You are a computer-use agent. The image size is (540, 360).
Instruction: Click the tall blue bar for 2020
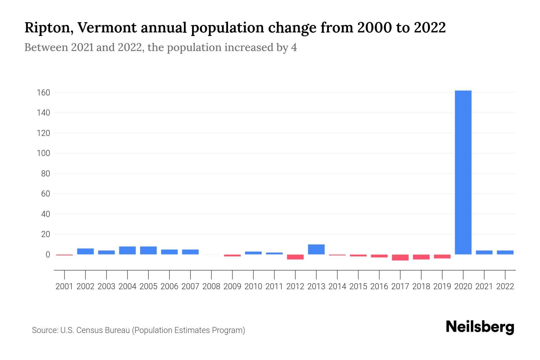point(463,172)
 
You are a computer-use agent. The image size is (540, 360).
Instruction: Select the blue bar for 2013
point(316,250)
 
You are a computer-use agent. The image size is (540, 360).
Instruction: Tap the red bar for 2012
point(295,257)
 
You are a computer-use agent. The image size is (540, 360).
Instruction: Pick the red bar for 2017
point(400,257)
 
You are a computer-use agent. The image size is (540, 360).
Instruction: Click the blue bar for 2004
point(127,250)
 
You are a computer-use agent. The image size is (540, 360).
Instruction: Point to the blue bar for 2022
point(505,252)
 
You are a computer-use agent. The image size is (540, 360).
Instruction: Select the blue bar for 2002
point(85,251)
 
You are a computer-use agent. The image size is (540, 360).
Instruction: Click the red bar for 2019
point(442,256)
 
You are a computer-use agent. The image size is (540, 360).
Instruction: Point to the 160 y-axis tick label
point(43,93)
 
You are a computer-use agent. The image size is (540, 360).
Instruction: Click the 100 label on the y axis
point(43,153)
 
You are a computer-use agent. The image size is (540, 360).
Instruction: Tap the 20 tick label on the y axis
point(45,234)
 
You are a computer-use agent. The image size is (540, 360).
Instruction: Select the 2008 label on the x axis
point(211,286)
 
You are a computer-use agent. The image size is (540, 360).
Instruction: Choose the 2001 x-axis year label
point(64,286)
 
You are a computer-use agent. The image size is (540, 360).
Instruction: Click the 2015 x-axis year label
point(358,286)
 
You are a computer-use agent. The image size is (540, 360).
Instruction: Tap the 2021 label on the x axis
point(484,286)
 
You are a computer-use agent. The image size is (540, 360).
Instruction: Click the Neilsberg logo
point(480,327)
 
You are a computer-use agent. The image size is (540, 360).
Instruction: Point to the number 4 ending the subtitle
point(294,48)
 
